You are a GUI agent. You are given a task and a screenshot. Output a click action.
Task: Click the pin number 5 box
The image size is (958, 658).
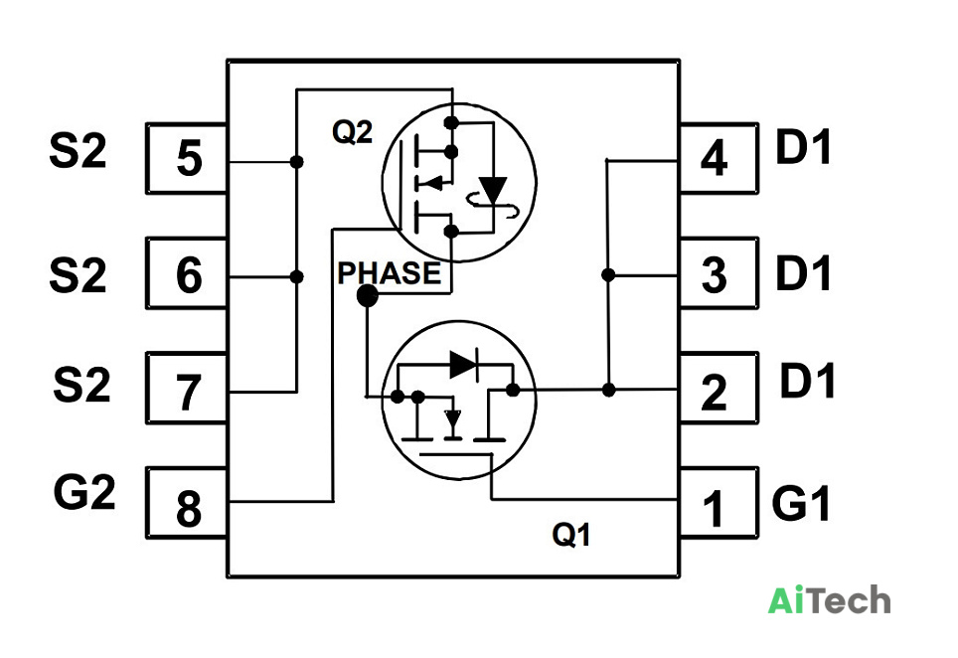[x=187, y=158]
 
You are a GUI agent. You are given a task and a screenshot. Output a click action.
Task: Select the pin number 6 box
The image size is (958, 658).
[x=187, y=273]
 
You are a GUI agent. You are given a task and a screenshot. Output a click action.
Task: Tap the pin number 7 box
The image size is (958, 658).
[x=187, y=388]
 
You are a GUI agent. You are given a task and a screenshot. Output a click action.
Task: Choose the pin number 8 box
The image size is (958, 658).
[x=187, y=503]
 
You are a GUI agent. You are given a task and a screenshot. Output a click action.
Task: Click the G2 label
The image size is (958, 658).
[x=84, y=492]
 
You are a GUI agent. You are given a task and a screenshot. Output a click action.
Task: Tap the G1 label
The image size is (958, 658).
[x=801, y=502]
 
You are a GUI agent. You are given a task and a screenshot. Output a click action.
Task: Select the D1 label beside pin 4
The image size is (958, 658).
[x=803, y=147]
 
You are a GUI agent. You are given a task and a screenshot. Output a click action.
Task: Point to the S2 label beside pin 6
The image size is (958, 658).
[x=78, y=274]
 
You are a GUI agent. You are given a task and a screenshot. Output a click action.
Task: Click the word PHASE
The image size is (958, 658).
[x=390, y=272]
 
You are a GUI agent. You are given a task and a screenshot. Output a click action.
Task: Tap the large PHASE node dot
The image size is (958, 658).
[x=367, y=296]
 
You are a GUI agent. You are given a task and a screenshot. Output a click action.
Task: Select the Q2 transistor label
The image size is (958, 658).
[x=352, y=131]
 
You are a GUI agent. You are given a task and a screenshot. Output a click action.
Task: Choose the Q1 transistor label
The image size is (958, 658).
[x=571, y=535]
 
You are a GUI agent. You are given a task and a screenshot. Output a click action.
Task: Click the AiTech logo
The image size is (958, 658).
[x=829, y=599]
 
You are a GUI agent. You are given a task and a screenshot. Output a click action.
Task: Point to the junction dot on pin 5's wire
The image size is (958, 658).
[x=296, y=162]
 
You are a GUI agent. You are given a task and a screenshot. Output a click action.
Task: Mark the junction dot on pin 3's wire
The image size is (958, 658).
[x=608, y=275]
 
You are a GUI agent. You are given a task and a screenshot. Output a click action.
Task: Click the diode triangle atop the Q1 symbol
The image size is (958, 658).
[x=463, y=365]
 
